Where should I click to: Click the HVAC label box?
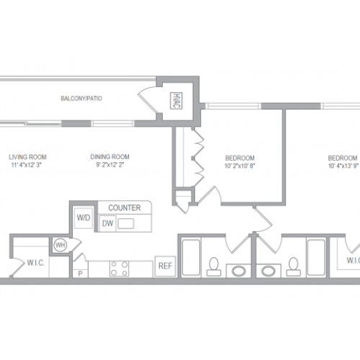[176, 101]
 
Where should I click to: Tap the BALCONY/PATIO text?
[81, 99]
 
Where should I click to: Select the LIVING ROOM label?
[27, 157]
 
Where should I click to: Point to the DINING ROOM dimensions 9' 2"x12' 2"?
[110, 165]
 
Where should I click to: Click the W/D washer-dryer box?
[84, 218]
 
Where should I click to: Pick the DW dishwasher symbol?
[107, 224]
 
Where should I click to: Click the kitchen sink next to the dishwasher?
[126, 224]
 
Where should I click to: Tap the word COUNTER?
[125, 208]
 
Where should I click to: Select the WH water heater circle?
[60, 245]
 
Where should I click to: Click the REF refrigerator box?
[165, 266]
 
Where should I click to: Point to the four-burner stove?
[120, 269]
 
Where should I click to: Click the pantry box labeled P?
[80, 274]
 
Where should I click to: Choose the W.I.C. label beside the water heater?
[36, 263]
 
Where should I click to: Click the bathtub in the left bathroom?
[191, 257]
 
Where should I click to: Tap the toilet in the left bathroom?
[214, 266]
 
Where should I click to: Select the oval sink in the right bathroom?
[269, 271]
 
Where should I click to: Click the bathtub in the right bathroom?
[316, 257]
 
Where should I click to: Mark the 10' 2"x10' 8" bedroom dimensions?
[240, 166]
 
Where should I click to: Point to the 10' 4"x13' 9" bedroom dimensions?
[343, 166]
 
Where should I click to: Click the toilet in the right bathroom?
[293, 266]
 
